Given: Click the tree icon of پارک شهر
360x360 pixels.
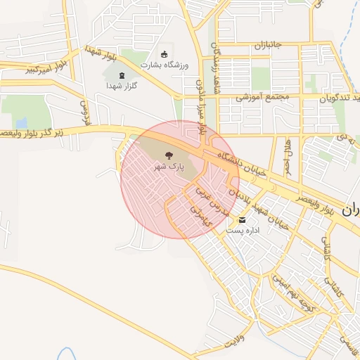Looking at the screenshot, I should tap(168, 155).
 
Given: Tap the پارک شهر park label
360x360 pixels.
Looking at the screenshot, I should tap(169, 167).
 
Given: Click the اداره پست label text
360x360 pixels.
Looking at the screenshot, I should tap(243, 230).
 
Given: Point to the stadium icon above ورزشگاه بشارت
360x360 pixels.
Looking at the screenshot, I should tap(165, 54).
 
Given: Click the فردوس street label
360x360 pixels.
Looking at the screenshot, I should tap(86, 113).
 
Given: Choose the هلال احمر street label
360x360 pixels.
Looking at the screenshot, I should tap(288, 157).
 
